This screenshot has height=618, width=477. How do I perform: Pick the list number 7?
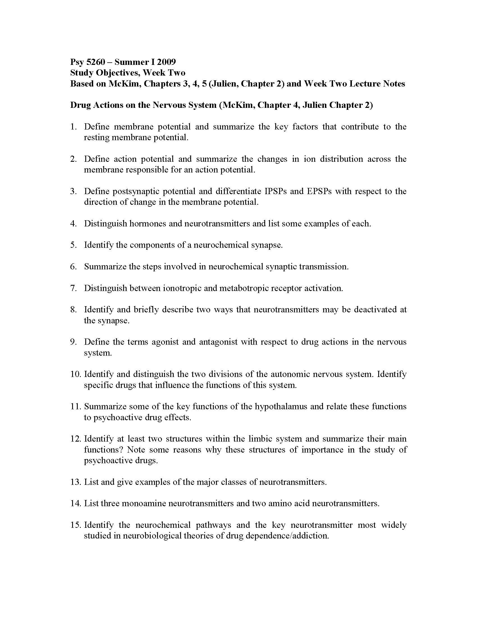point(74,288)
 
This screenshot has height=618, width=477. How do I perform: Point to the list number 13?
point(76,482)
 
